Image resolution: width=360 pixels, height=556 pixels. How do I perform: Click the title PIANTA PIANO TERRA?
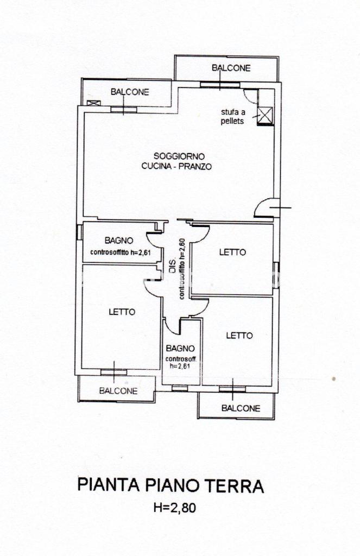[170, 485]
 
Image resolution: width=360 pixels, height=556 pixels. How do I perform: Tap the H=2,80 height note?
[174, 508]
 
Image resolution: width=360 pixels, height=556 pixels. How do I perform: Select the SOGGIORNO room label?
[179, 156]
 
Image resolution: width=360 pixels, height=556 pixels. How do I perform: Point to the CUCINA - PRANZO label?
[176, 166]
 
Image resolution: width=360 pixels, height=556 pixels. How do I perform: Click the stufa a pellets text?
[233, 117]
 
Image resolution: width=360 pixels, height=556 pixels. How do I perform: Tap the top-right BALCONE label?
[231, 68]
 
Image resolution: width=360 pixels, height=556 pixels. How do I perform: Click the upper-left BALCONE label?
[130, 92]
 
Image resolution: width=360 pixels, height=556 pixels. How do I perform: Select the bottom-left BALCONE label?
[118, 391]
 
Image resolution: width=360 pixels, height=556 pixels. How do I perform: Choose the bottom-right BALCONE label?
[241, 408]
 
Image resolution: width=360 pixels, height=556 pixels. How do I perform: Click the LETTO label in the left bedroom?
[122, 312]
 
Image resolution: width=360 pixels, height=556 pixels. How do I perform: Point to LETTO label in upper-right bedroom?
[233, 252]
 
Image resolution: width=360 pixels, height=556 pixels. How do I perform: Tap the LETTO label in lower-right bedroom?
[239, 336]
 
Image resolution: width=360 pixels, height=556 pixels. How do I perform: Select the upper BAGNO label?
[119, 241]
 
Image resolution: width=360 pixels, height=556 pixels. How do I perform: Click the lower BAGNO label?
[180, 349]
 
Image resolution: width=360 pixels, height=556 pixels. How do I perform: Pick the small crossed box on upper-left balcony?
[93, 103]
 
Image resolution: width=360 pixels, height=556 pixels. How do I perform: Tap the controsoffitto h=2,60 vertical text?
[181, 269]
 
